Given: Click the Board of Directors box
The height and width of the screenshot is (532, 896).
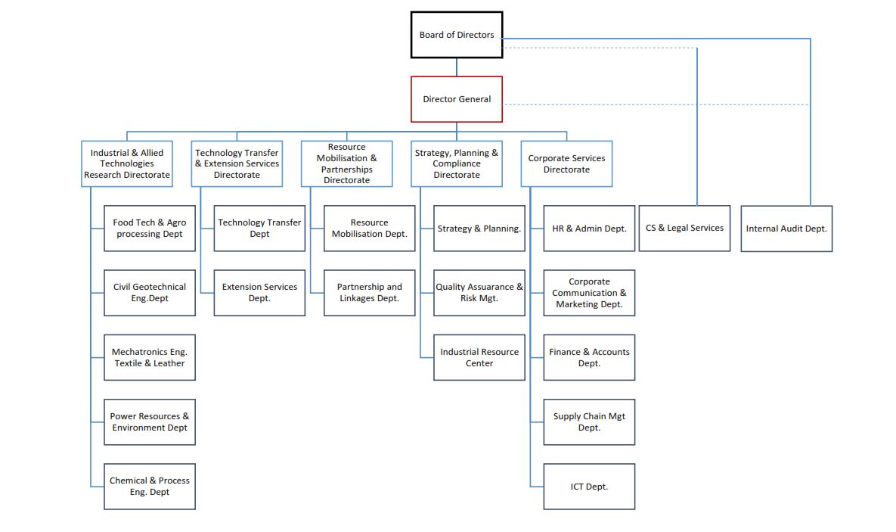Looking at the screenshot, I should point(456,35).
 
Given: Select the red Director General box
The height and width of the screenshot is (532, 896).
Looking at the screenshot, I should point(456,99).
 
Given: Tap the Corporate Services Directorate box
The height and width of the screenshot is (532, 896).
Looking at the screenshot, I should point(566,163).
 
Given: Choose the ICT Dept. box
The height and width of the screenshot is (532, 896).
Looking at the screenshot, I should point(589,487).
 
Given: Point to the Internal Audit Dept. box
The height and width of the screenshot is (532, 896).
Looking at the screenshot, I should point(786,229).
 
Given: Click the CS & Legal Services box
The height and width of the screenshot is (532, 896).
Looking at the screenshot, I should point(684,228).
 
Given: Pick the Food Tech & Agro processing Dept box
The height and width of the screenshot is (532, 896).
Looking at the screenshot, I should point(150,229).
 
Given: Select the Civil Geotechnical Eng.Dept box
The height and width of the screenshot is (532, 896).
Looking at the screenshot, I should point(150,293).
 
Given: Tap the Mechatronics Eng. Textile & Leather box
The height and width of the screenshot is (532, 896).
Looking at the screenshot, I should point(150,357).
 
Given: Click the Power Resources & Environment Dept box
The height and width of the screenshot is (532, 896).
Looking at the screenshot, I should point(150,422).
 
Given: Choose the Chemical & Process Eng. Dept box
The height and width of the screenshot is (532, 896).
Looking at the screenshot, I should point(150,487).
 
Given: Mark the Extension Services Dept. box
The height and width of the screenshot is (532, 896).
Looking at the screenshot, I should point(259,293).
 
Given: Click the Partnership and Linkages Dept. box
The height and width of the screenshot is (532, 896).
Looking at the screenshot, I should point(369,293).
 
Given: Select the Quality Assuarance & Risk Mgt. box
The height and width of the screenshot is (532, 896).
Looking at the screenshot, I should point(479,293).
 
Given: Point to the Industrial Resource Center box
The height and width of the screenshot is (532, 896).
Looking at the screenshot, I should point(479,357).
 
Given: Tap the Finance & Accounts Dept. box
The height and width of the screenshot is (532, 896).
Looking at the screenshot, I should point(589,357).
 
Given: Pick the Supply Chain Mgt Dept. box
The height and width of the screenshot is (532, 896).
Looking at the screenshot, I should point(589,422).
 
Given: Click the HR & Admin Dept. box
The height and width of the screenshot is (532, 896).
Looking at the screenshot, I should point(589,229).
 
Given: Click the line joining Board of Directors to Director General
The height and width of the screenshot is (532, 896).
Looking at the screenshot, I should point(456,67).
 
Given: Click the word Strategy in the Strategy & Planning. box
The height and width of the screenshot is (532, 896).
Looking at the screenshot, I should point(454,229).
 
